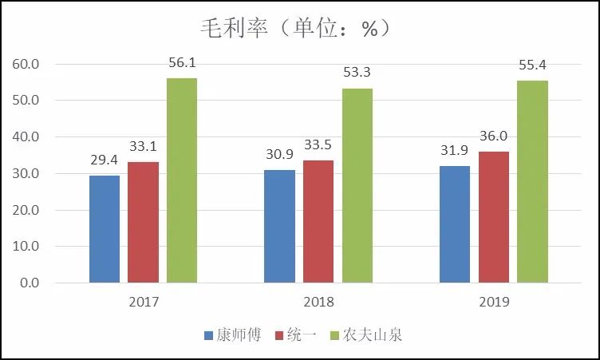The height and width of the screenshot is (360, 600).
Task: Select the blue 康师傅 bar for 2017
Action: click(x=105, y=229)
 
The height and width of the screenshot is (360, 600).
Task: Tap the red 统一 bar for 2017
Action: click(x=143, y=222)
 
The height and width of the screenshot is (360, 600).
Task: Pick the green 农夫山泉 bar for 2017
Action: click(x=182, y=180)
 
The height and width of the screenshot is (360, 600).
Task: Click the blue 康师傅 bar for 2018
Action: click(x=279, y=226)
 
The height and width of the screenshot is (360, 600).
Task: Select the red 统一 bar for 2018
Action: click(x=318, y=221)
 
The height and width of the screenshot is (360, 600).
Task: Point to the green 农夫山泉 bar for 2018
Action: click(x=357, y=185)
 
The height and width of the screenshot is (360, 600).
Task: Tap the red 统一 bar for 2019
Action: click(x=494, y=217)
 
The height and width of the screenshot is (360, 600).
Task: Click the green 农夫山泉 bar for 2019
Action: click(x=533, y=181)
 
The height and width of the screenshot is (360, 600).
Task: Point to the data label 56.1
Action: click(x=182, y=62)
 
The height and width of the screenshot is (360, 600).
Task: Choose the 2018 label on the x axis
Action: click(x=318, y=303)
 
